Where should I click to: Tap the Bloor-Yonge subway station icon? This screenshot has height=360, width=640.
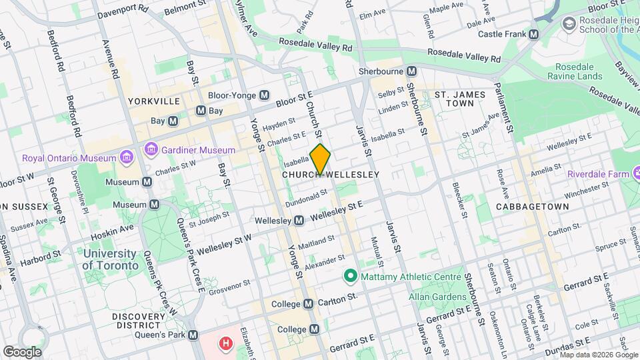click(x=265, y=95)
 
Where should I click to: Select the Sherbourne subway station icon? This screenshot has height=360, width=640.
click(x=412, y=71)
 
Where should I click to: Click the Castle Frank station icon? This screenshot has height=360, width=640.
click(x=533, y=34)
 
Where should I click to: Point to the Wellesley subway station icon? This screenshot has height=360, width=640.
click(x=299, y=220)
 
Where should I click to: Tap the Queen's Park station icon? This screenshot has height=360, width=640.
click(x=193, y=335)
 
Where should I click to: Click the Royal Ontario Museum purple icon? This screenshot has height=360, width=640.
click(x=126, y=158)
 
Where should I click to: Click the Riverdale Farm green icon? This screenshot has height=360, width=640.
click(x=559, y=174)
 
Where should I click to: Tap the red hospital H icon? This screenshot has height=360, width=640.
click(x=227, y=345)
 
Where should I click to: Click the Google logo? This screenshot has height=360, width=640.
click(x=22, y=351)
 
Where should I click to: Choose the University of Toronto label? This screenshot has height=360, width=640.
click(x=111, y=259)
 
